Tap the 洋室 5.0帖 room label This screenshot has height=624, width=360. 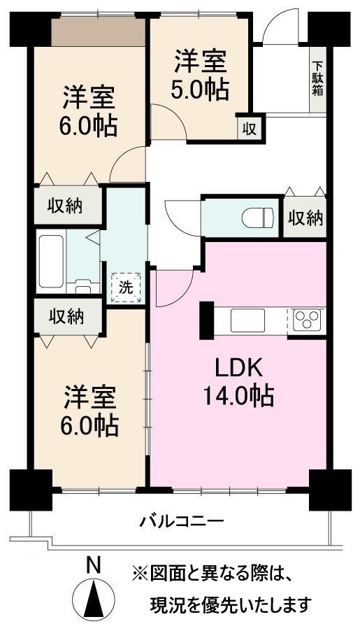tap(200, 75)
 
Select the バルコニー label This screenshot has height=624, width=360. tap(181, 521)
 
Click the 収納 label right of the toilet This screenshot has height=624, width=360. tap(305, 218)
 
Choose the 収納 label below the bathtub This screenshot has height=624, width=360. tap(66, 316)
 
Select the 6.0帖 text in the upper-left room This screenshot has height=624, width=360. tap(88, 127)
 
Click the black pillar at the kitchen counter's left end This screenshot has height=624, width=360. tap(207, 320)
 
